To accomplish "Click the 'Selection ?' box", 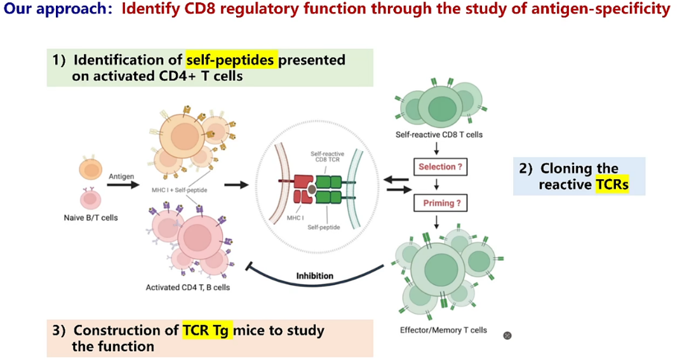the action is [440, 166].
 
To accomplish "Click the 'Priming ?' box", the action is [440, 203].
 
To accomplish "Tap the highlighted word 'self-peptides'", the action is [230, 60].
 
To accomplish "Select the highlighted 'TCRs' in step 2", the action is [612, 185].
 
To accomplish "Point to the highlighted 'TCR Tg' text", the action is [207, 331].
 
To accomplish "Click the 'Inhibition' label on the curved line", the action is [315, 276].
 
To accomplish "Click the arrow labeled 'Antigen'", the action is [123, 185].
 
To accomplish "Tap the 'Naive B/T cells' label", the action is [91, 218].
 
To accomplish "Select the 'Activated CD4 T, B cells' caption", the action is [188, 288].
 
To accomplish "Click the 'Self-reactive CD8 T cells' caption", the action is [439, 135].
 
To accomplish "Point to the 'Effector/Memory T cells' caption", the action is [443, 330].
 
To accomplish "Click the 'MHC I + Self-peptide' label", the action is [179, 190].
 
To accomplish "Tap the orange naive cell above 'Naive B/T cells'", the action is [91, 169].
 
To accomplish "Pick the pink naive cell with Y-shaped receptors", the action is [90, 198].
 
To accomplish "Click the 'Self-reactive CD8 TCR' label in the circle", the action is [327, 157].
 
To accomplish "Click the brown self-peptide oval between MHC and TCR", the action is [312, 189].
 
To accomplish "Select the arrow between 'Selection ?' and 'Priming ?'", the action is [436, 185].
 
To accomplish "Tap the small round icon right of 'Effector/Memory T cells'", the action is [507, 335].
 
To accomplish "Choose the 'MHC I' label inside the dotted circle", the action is [295, 218].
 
